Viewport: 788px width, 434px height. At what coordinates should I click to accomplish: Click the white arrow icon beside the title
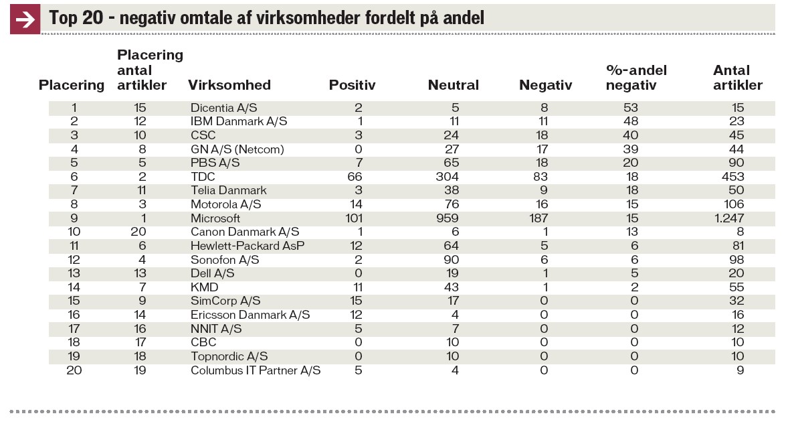[x=25, y=19]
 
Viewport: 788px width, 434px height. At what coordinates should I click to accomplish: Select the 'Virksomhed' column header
[x=229, y=85]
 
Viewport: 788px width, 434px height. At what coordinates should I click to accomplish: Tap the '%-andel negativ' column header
[x=635, y=78]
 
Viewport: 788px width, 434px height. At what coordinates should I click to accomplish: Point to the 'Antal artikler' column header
[x=737, y=78]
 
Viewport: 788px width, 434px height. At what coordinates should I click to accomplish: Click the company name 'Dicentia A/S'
[x=224, y=108]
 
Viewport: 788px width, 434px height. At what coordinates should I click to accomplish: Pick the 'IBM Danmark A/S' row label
[x=239, y=121]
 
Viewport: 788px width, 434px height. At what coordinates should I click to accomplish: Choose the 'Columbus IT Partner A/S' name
[x=256, y=370]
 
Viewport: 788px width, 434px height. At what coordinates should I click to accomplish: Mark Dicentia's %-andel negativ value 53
[x=630, y=108]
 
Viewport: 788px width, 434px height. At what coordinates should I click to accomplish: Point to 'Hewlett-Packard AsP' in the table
[x=248, y=246]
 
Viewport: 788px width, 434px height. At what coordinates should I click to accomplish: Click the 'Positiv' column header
[x=352, y=85]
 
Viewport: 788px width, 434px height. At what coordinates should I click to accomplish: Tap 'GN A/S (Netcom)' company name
[x=237, y=149]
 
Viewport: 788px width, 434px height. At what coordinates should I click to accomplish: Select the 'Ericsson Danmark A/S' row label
[x=250, y=315]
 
